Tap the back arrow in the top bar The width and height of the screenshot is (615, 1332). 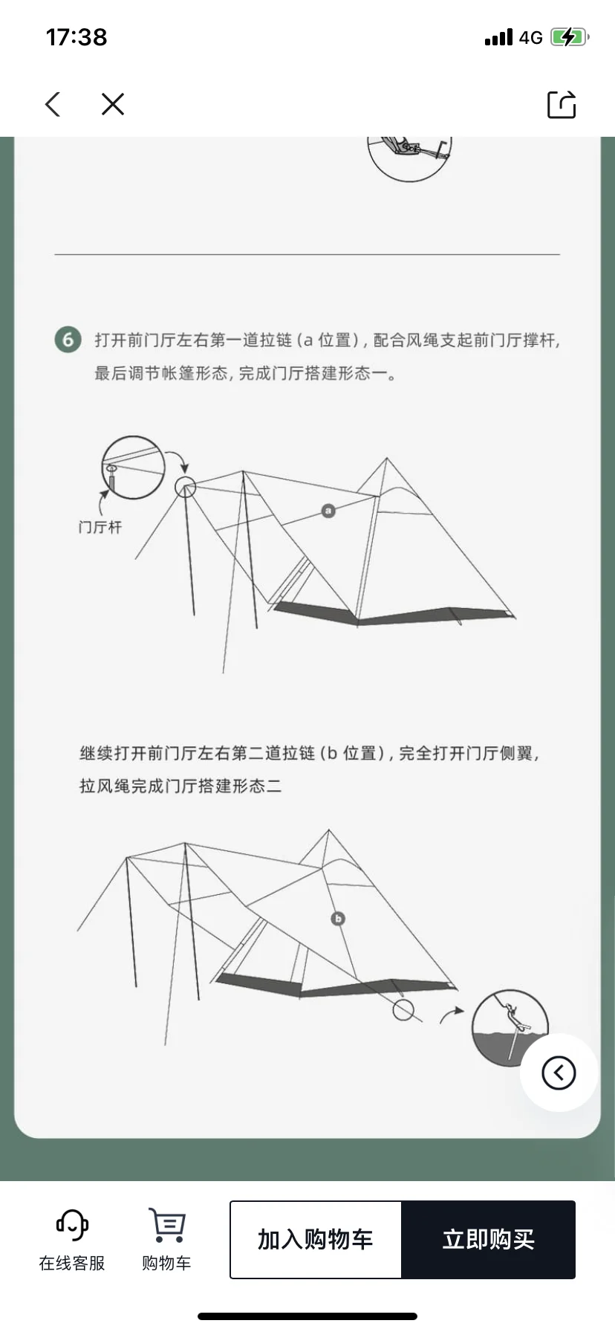click(53, 104)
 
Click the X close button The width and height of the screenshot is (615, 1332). click(113, 104)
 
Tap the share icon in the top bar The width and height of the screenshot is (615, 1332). click(562, 104)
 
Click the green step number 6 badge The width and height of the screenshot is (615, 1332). click(68, 340)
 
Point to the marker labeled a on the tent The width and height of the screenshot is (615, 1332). click(328, 511)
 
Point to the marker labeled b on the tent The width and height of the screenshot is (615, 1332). click(338, 919)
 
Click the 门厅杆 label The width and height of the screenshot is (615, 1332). click(100, 527)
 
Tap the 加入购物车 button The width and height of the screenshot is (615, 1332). click(316, 1239)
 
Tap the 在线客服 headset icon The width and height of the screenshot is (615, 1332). click(72, 1224)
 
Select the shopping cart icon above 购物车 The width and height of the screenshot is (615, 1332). click(167, 1224)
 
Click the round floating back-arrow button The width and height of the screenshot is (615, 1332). click(559, 1073)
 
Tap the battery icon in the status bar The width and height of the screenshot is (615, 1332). click(570, 37)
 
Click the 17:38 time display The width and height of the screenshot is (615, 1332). click(77, 37)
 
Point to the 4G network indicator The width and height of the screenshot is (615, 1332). click(530, 37)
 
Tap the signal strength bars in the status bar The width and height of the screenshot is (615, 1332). click(498, 37)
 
